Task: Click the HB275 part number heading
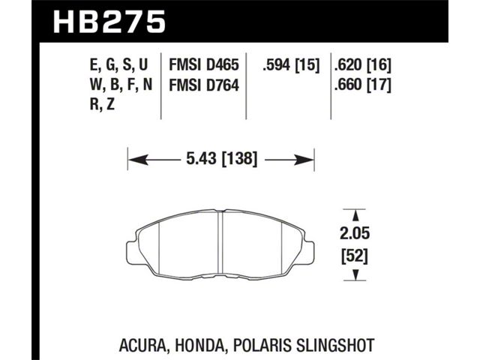click(109, 22)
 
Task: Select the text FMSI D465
click(203, 65)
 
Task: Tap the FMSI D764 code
click(203, 85)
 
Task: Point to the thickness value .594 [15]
click(291, 65)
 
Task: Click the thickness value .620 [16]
click(363, 65)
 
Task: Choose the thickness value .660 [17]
click(363, 85)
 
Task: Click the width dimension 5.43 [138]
click(222, 159)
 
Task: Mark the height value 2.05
click(355, 233)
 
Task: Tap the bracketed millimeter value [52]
click(355, 256)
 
